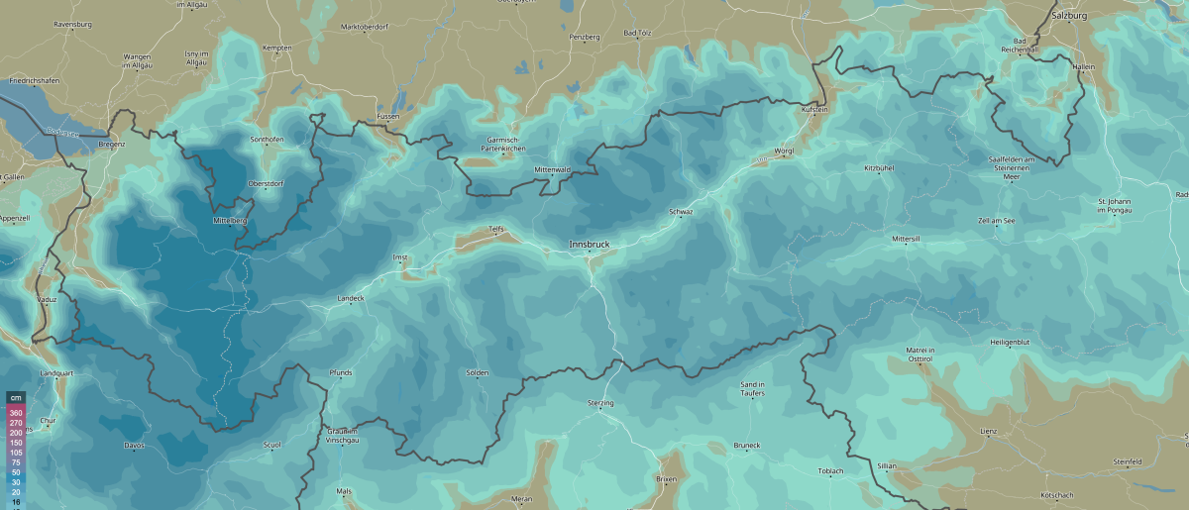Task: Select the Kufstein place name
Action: coord(813,110)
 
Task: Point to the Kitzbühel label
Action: coord(879,168)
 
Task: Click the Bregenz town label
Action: coord(112,144)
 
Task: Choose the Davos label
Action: coord(135,445)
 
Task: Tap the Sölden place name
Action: coord(478,372)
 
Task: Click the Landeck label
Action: coord(351,298)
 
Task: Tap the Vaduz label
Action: coord(48,298)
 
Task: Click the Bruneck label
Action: coord(746,445)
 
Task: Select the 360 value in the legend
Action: coord(16,413)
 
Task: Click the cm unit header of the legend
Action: coord(16,398)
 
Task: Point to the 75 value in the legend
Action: coord(16,462)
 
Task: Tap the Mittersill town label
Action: coord(906,240)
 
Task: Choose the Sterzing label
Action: coord(600,403)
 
